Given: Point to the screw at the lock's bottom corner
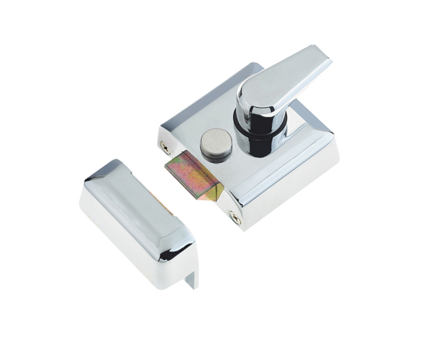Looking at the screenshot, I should point(235,220).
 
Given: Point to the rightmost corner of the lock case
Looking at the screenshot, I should point(338,155).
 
